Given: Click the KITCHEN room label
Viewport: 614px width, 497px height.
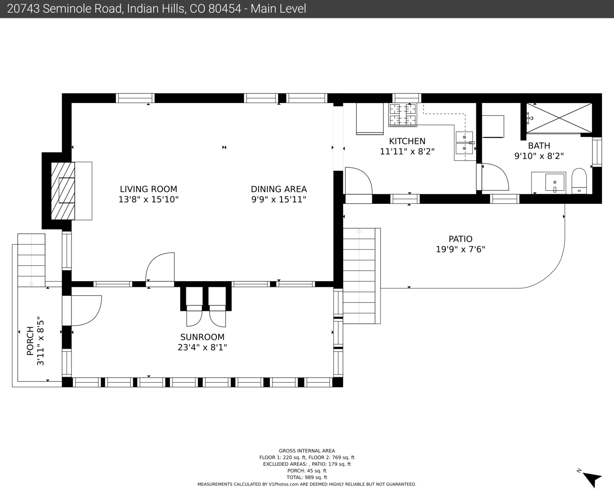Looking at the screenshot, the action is [x=407, y=141].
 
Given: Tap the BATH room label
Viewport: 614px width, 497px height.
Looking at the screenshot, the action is [x=539, y=146].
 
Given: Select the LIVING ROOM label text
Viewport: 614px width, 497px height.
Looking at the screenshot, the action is [x=149, y=189].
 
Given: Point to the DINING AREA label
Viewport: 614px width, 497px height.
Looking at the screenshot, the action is [x=279, y=189].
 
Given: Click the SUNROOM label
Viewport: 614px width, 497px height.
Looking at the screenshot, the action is [x=202, y=337].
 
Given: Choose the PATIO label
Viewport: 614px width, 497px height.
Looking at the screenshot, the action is [x=460, y=239].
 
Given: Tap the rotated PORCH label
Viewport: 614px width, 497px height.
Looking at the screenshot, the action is [x=30, y=341].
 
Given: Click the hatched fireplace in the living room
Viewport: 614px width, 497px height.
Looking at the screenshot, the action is [x=63, y=191].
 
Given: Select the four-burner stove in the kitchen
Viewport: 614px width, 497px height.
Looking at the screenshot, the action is [x=402, y=115].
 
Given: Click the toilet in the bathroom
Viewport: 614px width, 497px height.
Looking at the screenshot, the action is [x=579, y=181].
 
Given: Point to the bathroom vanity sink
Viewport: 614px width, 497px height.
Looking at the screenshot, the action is [x=555, y=182].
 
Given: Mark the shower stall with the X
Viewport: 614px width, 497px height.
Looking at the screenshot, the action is [x=559, y=118].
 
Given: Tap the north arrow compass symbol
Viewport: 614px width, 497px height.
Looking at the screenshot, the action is [x=591, y=479].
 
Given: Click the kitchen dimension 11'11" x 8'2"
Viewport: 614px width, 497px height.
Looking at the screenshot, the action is [x=407, y=152].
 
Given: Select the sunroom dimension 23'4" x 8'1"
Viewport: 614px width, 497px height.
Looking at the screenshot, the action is [x=202, y=347].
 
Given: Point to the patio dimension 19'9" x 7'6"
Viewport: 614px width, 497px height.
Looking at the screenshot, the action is [x=460, y=249].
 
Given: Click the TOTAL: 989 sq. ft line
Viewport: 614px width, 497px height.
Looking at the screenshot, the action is [x=307, y=477].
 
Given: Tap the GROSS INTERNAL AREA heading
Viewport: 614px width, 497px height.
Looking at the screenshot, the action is [x=307, y=451].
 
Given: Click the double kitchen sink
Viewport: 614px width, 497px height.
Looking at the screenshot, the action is [x=464, y=143].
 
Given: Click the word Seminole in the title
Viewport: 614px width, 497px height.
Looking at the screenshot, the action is [x=82, y=9].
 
